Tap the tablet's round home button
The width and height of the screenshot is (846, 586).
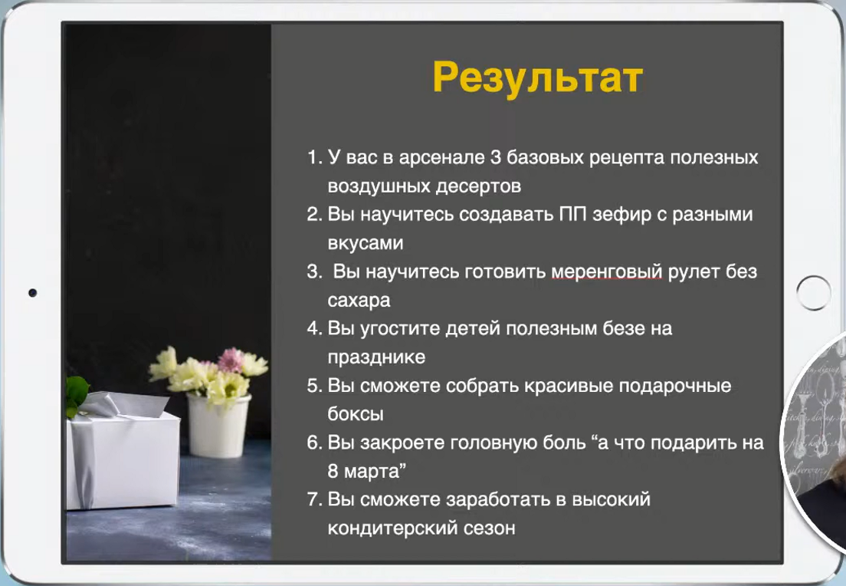[x=813, y=293]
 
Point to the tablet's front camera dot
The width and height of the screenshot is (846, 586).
[x=32, y=293]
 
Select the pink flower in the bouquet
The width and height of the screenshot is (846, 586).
[x=231, y=360]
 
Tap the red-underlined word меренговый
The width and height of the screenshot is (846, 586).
[x=606, y=272]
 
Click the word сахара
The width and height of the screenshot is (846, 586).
[x=359, y=301]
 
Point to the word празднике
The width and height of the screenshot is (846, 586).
[x=376, y=357]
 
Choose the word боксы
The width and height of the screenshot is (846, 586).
[x=356, y=413]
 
